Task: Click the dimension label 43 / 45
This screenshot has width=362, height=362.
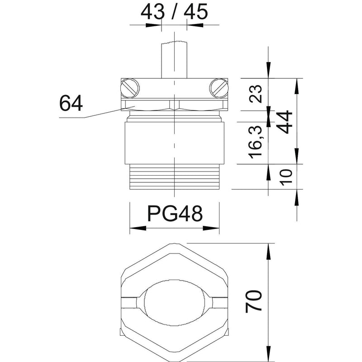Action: pyautogui.click(x=174, y=12)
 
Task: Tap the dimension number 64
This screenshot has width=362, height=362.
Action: pyautogui.click(x=71, y=104)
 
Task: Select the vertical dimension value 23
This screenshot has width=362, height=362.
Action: pyautogui.click(x=256, y=94)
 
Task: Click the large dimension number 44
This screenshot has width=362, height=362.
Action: pyautogui.click(x=285, y=122)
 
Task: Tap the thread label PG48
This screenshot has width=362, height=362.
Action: pyautogui.click(x=175, y=214)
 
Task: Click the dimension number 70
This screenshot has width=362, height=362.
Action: pyautogui.click(x=253, y=301)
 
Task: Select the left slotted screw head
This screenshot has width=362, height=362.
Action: pyautogui.click(x=130, y=88)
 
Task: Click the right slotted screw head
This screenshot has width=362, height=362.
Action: pyautogui.click(x=219, y=88)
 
